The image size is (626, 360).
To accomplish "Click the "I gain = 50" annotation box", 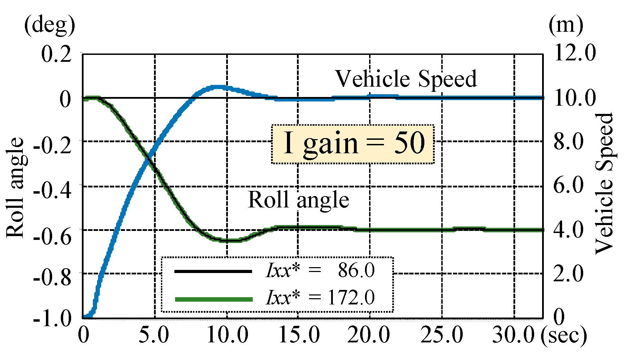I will click(353, 144).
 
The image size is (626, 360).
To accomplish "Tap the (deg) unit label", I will click(49, 26).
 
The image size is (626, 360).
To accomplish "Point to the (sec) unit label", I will click(564, 335).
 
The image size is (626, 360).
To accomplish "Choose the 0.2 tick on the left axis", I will click(56, 55).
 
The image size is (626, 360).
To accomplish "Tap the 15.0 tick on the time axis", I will click(299, 335).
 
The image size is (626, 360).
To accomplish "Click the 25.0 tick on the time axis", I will click(442, 335).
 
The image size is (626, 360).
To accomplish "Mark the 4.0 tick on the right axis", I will click(568, 230).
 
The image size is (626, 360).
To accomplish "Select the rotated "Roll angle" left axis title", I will click(15, 188).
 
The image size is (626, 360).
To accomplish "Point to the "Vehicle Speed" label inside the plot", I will click(406, 79).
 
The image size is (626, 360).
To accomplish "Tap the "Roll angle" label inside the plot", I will click(298, 200).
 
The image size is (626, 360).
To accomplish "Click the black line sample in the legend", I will click(213, 271).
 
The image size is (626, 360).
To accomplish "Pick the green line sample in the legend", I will click(213, 299).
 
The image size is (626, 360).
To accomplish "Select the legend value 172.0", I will click(351, 298).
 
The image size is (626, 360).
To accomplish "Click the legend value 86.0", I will click(356, 270).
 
